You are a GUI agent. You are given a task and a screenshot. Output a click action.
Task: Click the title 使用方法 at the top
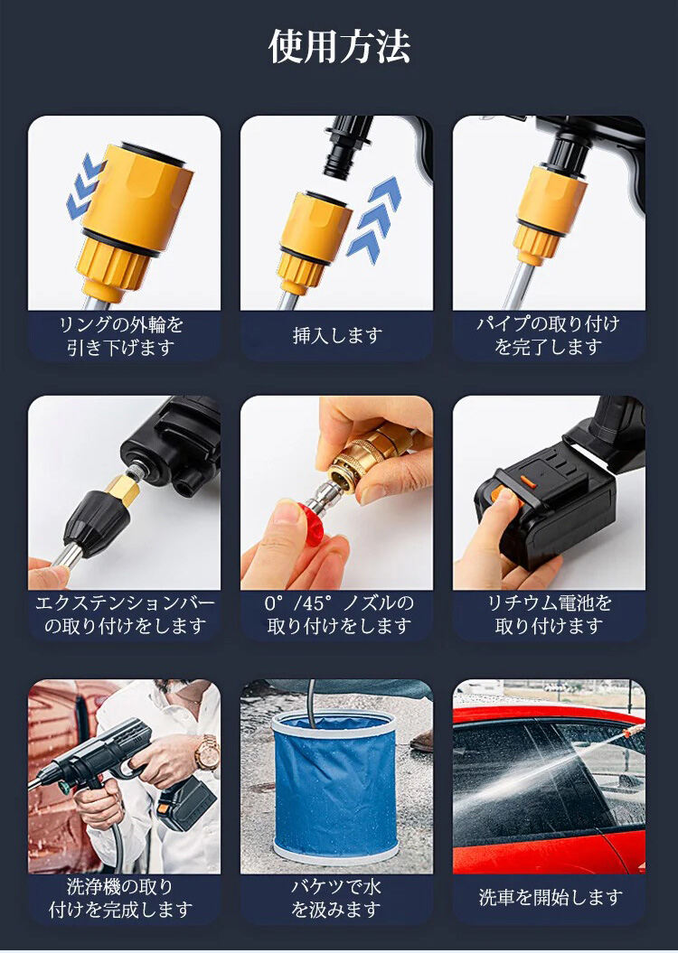(339, 47)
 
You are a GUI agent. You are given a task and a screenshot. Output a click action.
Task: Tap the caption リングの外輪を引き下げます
(122, 335)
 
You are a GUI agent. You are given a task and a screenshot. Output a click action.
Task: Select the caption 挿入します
(337, 335)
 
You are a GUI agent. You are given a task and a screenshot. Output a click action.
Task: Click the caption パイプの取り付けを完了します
(549, 335)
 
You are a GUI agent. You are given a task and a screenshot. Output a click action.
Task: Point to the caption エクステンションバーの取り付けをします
(125, 614)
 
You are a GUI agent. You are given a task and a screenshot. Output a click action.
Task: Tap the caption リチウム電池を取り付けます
(549, 614)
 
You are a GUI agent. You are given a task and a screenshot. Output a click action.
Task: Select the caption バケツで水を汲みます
(336, 898)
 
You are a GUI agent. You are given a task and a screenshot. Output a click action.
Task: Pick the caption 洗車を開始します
(551, 897)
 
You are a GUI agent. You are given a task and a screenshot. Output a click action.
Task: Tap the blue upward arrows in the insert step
(373, 219)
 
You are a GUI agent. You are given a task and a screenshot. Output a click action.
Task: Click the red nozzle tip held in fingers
(310, 520)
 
